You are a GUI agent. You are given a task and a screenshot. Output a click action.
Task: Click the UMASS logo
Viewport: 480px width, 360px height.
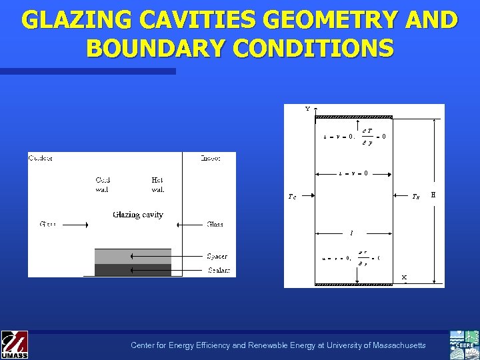14,345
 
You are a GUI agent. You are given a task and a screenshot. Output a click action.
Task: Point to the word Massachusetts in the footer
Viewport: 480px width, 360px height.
394,345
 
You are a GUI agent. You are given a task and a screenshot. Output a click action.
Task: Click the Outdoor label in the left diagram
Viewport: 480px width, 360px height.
41,158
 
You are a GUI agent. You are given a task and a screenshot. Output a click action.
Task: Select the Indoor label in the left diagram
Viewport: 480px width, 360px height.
210,158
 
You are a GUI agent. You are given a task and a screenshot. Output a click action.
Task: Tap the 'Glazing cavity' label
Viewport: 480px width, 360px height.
138,215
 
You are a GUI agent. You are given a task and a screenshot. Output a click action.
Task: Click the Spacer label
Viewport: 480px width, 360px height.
217,256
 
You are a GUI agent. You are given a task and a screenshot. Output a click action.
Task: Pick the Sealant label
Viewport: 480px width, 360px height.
218,270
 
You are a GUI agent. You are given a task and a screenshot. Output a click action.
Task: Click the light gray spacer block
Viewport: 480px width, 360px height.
133,256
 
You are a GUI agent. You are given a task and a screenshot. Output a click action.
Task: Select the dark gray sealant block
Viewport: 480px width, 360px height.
133,270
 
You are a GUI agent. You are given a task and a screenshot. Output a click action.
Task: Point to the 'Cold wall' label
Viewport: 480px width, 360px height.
103,185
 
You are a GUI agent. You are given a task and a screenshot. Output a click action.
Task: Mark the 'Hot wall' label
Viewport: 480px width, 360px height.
157,185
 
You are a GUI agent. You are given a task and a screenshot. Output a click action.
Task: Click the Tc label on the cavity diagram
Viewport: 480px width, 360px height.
292,197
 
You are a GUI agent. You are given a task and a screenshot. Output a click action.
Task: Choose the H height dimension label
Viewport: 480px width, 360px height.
433,195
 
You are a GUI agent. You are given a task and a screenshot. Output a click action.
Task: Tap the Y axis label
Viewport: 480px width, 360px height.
307,109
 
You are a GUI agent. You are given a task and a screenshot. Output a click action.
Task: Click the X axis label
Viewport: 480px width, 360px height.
404,277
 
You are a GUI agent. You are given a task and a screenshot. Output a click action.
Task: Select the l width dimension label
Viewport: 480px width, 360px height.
351,233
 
